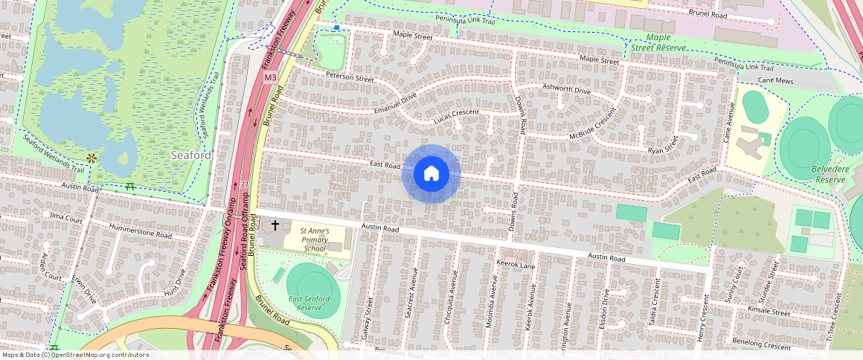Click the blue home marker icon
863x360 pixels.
tap(431, 174)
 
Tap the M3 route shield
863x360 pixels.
tap(270, 77)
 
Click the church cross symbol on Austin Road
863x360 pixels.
tap(275, 225)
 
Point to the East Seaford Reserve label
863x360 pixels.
tap(309, 303)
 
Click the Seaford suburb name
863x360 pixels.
tap(191, 155)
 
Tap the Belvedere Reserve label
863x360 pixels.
tap(830, 175)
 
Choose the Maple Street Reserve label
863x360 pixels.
tap(655, 42)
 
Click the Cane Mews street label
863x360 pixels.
tap(776, 80)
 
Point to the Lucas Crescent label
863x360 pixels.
tap(457, 116)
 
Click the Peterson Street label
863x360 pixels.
tap(349, 77)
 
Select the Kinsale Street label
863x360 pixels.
tap(769, 313)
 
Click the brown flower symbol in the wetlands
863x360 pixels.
tap(92, 158)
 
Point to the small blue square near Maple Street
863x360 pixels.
tap(337, 28)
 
